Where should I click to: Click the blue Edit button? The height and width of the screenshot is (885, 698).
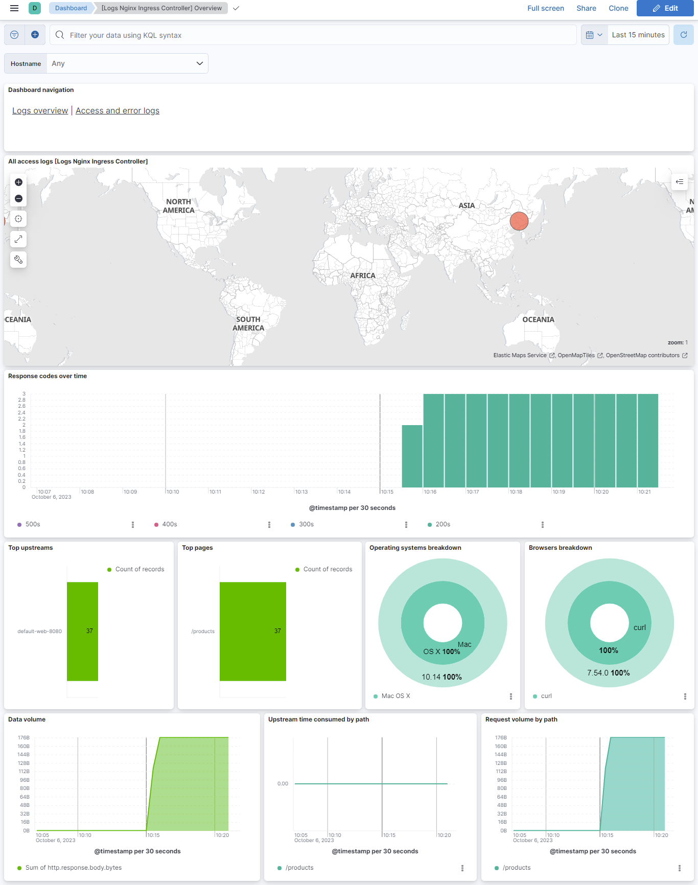665,8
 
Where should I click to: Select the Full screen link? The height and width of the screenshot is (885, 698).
545,8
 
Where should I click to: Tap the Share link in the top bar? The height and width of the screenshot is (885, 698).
586,8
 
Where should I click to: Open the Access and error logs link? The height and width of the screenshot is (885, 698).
118,111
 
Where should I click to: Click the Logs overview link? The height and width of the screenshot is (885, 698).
40,111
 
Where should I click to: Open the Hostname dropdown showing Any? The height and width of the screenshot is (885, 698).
127,63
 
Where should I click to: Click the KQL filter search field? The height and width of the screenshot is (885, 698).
317,35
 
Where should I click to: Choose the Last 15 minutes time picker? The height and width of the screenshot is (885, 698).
638,35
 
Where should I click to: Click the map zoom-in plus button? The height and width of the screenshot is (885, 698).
18,182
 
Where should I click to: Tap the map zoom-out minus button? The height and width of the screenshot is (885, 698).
18,199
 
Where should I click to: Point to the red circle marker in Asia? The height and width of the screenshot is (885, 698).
519,221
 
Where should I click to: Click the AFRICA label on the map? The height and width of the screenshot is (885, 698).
363,276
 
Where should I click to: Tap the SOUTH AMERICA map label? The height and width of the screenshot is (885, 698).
248,323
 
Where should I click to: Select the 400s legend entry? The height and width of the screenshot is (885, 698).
169,524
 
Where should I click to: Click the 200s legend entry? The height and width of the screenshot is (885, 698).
443,524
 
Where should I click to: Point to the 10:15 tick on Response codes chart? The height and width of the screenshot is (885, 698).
387,492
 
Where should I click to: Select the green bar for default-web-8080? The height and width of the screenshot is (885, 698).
82,631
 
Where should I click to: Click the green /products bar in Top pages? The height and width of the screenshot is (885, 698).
252,631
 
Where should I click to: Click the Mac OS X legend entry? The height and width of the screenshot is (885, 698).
395,696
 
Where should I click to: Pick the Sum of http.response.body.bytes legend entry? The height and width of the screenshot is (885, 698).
73,868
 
